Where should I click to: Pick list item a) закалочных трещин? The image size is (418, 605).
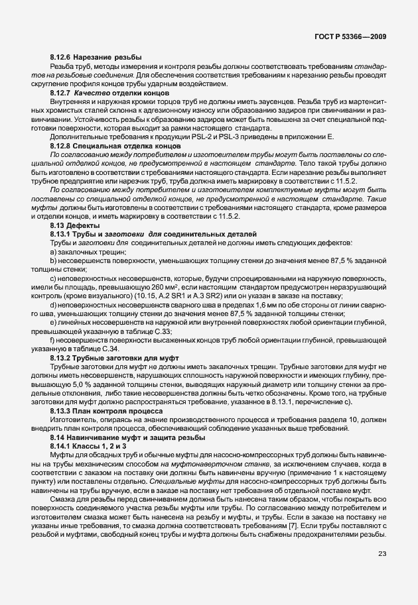pyautogui.click(x=84, y=252)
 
